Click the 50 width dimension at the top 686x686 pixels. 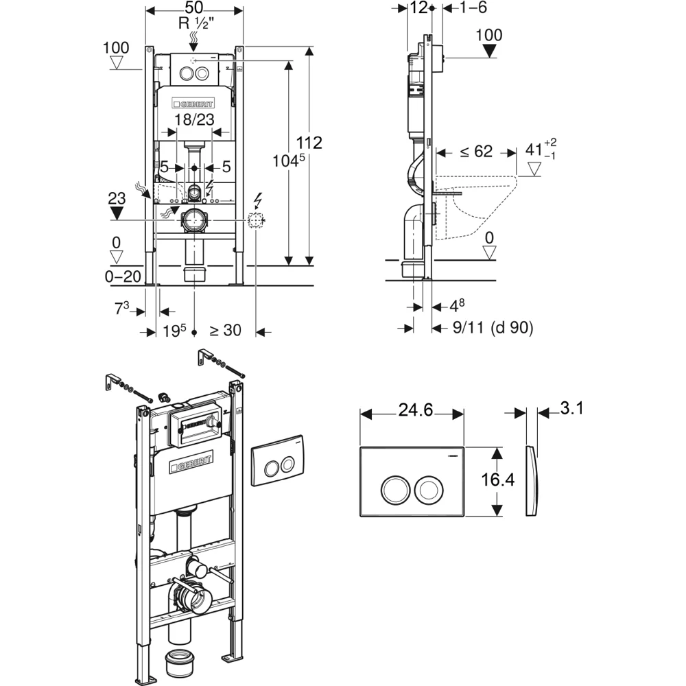pyautogui.click(x=194, y=7)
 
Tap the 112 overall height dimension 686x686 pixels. pyautogui.click(x=309, y=143)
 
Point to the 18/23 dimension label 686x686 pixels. pyautogui.click(x=194, y=119)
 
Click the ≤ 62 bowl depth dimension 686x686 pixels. pyautogui.click(x=477, y=152)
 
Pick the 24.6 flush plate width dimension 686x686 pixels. pyautogui.click(x=415, y=410)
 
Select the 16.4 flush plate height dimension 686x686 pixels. pyautogui.click(x=498, y=480)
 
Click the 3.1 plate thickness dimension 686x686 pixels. pyautogui.click(x=572, y=408)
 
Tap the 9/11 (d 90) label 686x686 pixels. pyautogui.click(x=493, y=328)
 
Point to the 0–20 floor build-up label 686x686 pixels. pyautogui.click(x=123, y=276)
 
